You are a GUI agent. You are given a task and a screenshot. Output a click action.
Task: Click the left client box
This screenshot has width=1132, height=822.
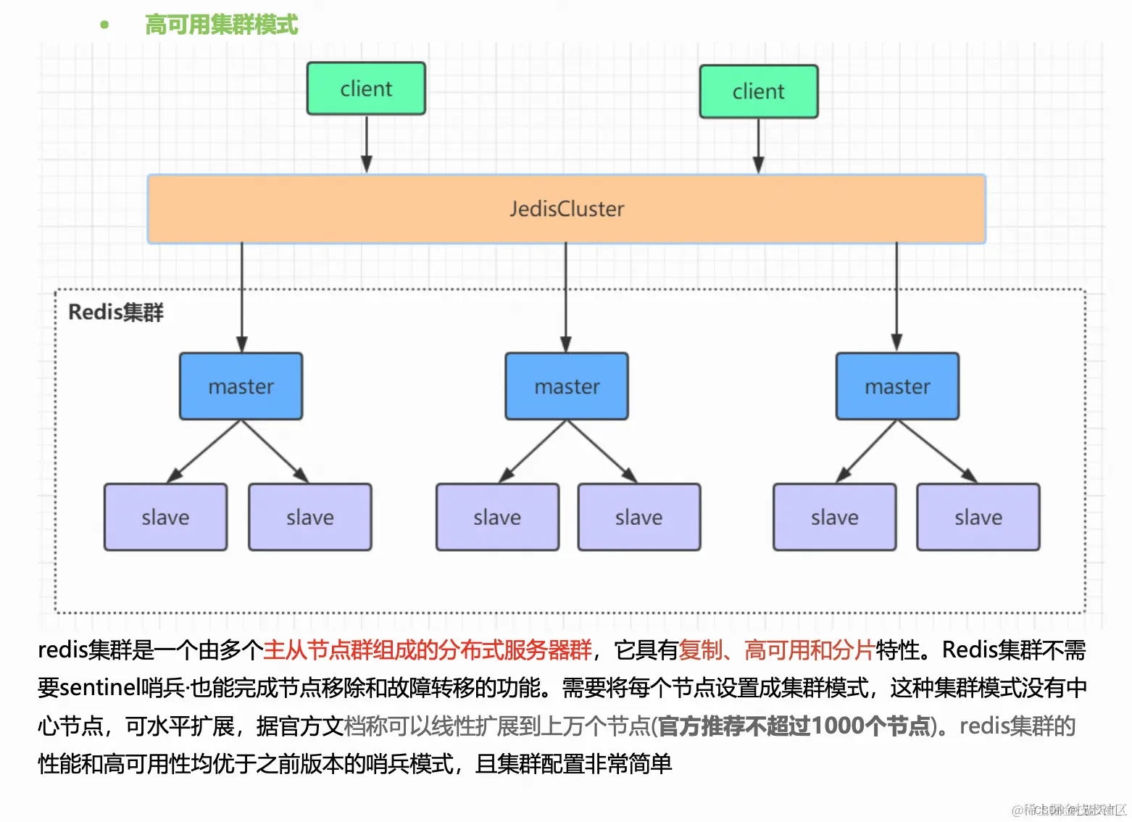click(x=366, y=88)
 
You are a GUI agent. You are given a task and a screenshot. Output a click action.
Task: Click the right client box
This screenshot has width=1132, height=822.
click(x=758, y=91)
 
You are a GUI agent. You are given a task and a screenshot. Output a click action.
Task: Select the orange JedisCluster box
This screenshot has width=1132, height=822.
click(x=566, y=209)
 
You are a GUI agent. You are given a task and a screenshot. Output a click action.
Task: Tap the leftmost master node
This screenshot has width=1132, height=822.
click(x=241, y=386)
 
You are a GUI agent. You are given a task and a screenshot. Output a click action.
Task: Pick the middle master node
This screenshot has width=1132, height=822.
click(x=566, y=386)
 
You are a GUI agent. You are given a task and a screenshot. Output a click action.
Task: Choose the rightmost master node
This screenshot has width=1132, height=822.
click(x=897, y=386)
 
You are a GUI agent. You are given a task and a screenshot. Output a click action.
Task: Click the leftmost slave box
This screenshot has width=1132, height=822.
click(x=165, y=518)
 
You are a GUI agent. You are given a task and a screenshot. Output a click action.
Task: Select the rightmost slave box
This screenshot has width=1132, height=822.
click(x=978, y=518)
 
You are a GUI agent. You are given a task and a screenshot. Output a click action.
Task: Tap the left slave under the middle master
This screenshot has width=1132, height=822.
click(x=497, y=518)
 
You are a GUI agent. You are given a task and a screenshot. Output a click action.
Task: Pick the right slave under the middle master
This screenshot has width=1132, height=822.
click(x=638, y=518)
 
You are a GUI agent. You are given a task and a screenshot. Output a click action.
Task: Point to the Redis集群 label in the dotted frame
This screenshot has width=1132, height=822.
click(x=116, y=312)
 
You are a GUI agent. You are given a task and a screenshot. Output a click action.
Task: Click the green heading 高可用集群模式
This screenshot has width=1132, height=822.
click(x=221, y=25)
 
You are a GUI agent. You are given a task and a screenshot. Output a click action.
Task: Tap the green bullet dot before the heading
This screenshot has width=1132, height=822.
click(x=104, y=25)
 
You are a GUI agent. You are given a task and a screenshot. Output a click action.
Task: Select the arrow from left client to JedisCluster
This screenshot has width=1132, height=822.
click(x=367, y=144)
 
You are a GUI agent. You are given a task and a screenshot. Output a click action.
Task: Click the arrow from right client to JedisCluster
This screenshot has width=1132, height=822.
click(x=758, y=145)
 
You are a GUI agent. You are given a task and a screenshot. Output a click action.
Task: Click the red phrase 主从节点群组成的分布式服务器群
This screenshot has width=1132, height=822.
click(x=428, y=650)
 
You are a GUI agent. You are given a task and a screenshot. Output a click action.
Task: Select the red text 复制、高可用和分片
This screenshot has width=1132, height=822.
click(x=777, y=650)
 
